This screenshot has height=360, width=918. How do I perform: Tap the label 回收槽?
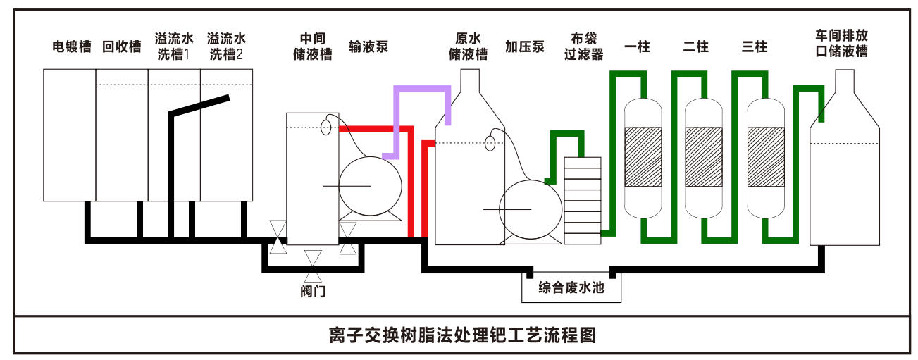point(122,47)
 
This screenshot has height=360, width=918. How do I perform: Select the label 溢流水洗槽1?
point(173,46)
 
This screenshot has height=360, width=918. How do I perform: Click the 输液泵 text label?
point(368,47)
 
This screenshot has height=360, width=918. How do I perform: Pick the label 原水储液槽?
point(468,46)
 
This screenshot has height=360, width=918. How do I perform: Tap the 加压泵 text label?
point(524,47)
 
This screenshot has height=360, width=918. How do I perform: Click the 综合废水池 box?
point(571,288)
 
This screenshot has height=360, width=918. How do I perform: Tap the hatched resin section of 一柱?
point(643,156)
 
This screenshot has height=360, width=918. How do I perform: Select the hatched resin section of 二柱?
point(704,156)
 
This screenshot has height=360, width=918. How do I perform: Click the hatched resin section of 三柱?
point(766,156)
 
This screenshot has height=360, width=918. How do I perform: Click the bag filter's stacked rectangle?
point(583,200)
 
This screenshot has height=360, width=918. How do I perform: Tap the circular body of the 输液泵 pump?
point(370,185)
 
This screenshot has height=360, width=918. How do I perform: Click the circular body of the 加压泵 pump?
point(530,209)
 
